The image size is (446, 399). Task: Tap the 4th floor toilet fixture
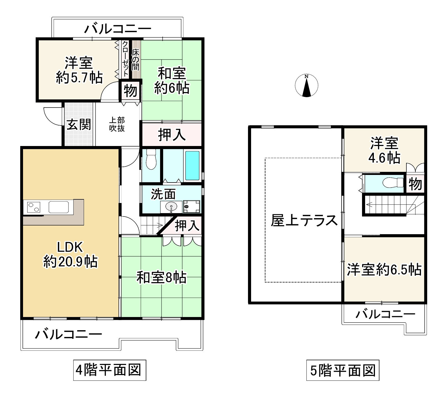pyautogui.click(x=151, y=160)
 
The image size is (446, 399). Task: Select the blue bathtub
pyautogui.click(x=192, y=165)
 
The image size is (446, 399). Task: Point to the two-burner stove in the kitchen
pyautogui.click(x=34, y=207)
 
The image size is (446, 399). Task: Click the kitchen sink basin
pyautogui.click(x=59, y=207)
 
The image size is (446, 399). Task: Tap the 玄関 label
pyautogui.click(x=79, y=124)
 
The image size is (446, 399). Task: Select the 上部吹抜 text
pyautogui.click(x=117, y=124)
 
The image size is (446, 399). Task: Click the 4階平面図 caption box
pyautogui.click(x=110, y=370)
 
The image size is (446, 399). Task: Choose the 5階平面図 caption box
pyautogui.click(x=343, y=370)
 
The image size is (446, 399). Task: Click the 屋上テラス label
pyautogui.click(x=304, y=220)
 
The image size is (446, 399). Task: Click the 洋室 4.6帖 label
pyautogui.click(x=384, y=151)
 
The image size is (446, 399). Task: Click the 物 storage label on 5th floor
pyautogui.click(x=415, y=184)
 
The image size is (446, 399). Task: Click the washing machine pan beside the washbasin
pyautogui.click(x=191, y=207)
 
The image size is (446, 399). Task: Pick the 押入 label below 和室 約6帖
pyautogui.click(x=172, y=135)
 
